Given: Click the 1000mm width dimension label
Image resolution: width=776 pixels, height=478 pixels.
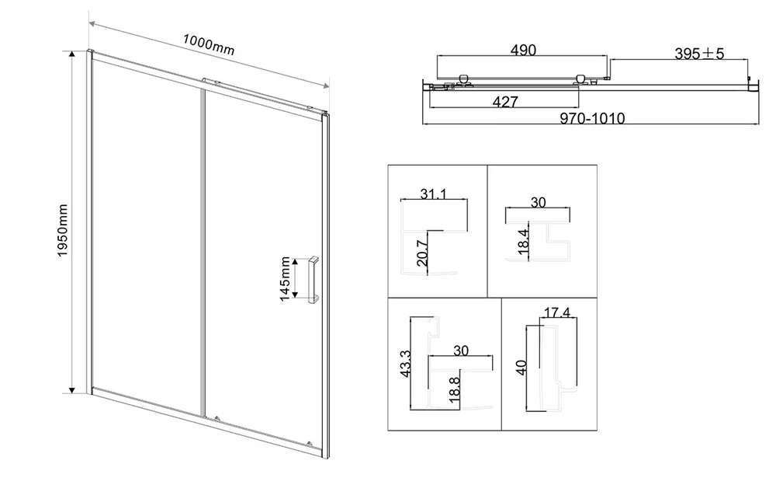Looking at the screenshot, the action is [208, 44].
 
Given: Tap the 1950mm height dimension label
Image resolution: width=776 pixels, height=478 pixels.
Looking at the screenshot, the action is [62, 231].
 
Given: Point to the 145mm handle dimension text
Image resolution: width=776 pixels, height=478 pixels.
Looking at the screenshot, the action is [285, 279].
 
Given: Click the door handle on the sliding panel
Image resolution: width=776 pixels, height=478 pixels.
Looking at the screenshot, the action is [314, 279].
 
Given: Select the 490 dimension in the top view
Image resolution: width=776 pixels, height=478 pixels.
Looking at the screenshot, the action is [523, 50].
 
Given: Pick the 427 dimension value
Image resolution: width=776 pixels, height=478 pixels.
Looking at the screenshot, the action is [505, 102].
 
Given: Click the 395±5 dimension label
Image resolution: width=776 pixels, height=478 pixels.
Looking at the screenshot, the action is [699, 54].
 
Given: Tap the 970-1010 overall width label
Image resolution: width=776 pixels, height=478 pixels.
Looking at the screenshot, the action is [592, 118].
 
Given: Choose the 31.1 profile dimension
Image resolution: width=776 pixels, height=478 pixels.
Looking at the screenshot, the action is [433, 194].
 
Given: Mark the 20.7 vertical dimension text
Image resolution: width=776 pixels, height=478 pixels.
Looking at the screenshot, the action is [422, 253].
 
